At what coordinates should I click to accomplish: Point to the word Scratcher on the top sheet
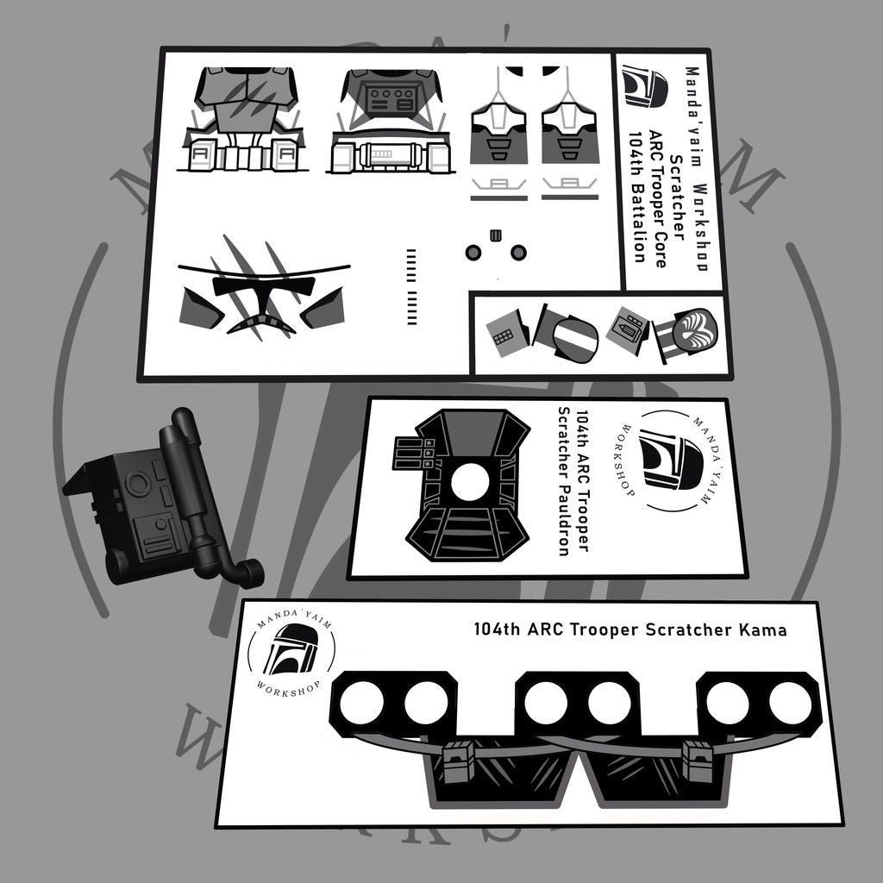tap(676, 197)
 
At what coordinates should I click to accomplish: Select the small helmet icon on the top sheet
tap(645, 85)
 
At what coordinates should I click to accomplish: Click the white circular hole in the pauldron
tap(470, 483)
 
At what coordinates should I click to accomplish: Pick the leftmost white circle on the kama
tap(361, 704)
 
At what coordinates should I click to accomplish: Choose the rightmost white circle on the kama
tap(791, 704)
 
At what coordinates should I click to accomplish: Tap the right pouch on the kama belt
tap(699, 761)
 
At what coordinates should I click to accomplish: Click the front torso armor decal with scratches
tap(243, 119)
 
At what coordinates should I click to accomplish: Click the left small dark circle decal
tap(473, 253)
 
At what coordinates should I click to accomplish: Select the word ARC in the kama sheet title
tap(546, 629)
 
